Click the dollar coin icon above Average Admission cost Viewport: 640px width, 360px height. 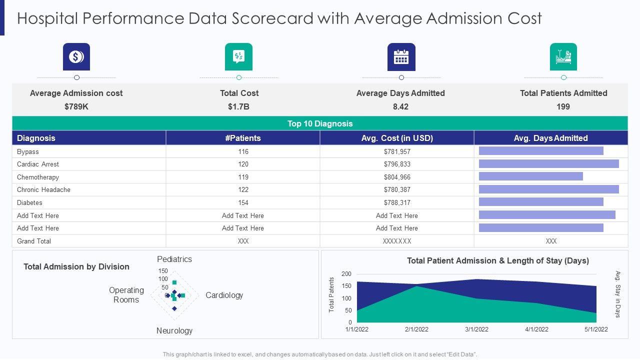point(76,57)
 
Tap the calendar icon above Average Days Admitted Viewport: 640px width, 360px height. point(401,57)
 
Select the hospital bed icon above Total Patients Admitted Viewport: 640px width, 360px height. point(563,57)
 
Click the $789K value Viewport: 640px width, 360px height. point(76,106)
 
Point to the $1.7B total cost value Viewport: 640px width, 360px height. point(238,106)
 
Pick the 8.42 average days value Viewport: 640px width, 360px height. point(400,106)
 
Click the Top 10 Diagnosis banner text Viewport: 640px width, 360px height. point(320,123)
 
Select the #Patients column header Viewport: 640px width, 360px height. point(243,138)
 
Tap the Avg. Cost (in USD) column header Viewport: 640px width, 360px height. point(397,138)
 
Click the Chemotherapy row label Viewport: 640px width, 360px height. point(38,177)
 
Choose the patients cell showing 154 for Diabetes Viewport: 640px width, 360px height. point(243,202)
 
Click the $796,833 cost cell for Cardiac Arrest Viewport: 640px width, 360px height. point(397,164)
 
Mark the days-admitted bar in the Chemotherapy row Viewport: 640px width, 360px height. point(531,176)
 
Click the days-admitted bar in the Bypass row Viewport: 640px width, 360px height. point(541,151)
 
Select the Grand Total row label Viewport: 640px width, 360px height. point(34,241)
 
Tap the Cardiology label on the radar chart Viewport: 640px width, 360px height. point(224,295)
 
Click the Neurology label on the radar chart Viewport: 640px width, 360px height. point(174,330)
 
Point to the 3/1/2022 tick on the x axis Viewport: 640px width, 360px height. point(476,329)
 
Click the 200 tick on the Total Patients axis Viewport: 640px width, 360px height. point(346,274)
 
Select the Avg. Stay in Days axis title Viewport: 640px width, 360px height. point(618,294)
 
